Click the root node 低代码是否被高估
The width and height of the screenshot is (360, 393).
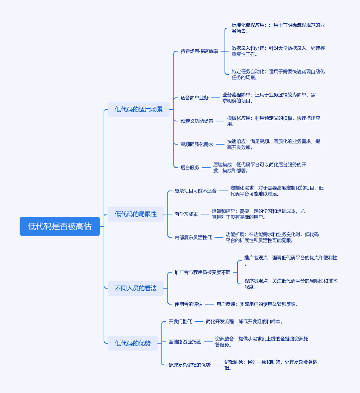click(x=60, y=226)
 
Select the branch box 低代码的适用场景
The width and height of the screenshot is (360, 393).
click(x=139, y=109)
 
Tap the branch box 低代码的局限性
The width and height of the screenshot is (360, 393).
click(x=136, y=214)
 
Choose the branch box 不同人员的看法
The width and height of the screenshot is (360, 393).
click(x=136, y=288)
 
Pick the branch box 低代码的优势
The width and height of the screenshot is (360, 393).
click(x=133, y=343)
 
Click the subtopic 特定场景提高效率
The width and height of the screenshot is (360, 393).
click(x=199, y=51)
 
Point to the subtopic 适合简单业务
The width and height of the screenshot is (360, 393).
click(x=195, y=98)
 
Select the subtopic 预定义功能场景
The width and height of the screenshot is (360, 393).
click(x=197, y=121)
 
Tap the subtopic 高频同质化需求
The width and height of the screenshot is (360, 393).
click(x=197, y=144)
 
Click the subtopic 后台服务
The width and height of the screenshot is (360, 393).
click(x=190, y=167)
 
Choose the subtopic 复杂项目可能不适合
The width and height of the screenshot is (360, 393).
click(x=196, y=191)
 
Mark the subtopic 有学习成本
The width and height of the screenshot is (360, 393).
click(x=186, y=214)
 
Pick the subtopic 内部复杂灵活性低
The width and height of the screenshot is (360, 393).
click(x=193, y=237)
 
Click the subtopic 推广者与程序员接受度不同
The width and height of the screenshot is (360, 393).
click(x=202, y=272)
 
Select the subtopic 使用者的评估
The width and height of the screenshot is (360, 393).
click(x=189, y=304)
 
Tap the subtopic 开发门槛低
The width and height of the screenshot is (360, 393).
click(x=180, y=322)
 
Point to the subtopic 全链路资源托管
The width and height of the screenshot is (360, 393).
click(x=185, y=342)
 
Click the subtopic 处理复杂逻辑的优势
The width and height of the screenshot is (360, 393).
click(x=190, y=365)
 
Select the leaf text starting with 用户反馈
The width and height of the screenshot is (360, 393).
click(x=257, y=304)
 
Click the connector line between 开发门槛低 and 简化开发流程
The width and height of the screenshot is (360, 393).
click(x=199, y=322)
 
